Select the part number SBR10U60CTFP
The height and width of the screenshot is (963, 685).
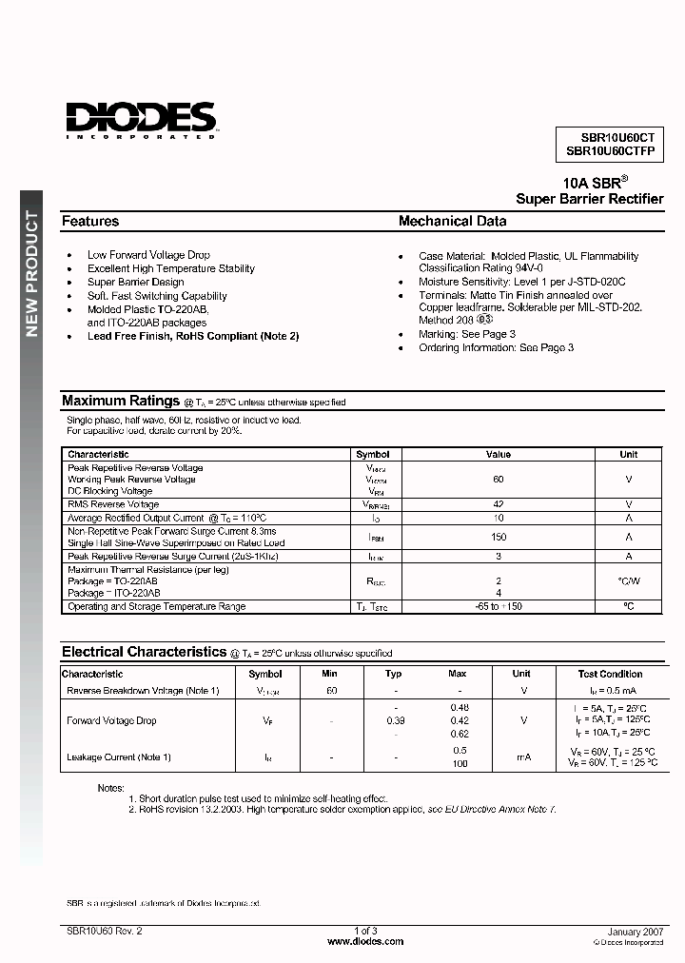(610, 150)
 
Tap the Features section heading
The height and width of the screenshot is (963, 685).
(90, 221)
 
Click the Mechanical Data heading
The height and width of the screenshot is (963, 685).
(452, 221)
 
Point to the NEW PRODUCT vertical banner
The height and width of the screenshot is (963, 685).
(31, 274)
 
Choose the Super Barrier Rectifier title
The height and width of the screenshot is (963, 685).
(589, 199)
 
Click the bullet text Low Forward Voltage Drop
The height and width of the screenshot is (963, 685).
(148, 255)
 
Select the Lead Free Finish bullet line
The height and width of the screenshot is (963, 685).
(193, 336)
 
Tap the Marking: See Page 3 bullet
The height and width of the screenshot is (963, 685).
(466, 334)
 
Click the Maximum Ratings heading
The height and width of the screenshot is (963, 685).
(120, 401)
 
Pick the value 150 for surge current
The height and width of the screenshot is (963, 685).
(499, 538)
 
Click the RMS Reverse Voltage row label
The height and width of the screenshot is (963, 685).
(113, 504)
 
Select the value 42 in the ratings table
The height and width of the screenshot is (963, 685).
(499, 504)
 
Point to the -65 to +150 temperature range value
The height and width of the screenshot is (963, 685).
(499, 606)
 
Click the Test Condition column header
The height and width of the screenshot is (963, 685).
(609, 674)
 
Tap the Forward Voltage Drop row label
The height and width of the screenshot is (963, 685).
(111, 720)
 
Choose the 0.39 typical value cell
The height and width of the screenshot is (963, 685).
(395, 720)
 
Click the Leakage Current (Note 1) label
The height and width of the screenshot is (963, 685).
(119, 757)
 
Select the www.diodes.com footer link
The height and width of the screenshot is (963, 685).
(365, 941)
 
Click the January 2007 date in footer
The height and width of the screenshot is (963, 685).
(635, 931)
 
